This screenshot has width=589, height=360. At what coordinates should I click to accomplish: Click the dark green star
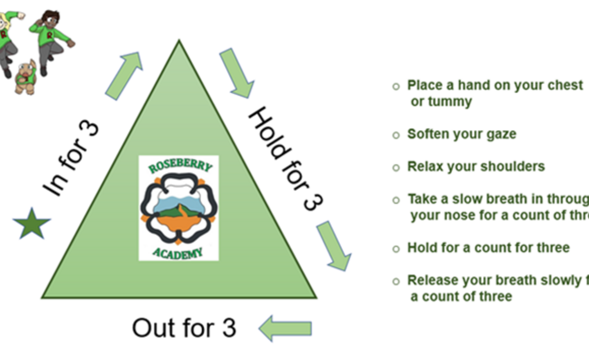pos(31,224)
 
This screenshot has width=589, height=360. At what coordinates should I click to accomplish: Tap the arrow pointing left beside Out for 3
pos(286,328)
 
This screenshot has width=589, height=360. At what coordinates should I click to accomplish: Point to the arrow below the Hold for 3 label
pos(334,245)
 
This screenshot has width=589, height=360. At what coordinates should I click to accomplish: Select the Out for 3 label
pos(184,328)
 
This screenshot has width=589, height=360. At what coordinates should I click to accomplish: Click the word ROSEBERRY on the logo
pos(180,166)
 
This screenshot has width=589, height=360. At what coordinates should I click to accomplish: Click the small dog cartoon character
pos(26,77)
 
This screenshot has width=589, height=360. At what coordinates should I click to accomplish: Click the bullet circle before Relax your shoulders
pos(396,168)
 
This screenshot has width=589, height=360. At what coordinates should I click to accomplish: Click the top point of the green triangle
pos(179,41)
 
